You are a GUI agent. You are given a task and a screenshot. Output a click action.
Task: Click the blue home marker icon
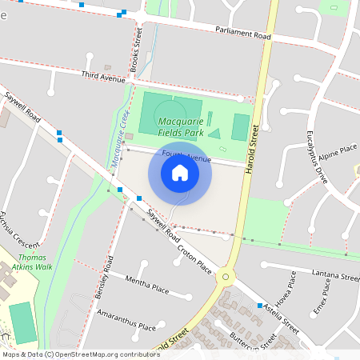[180, 173]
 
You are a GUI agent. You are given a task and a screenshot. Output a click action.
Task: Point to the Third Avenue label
[103, 76]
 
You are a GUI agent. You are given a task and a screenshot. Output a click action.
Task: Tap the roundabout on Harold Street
[226, 277]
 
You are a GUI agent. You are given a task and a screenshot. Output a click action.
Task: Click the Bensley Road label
[105, 276]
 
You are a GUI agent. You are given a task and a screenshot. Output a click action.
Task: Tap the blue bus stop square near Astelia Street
[261, 306]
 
